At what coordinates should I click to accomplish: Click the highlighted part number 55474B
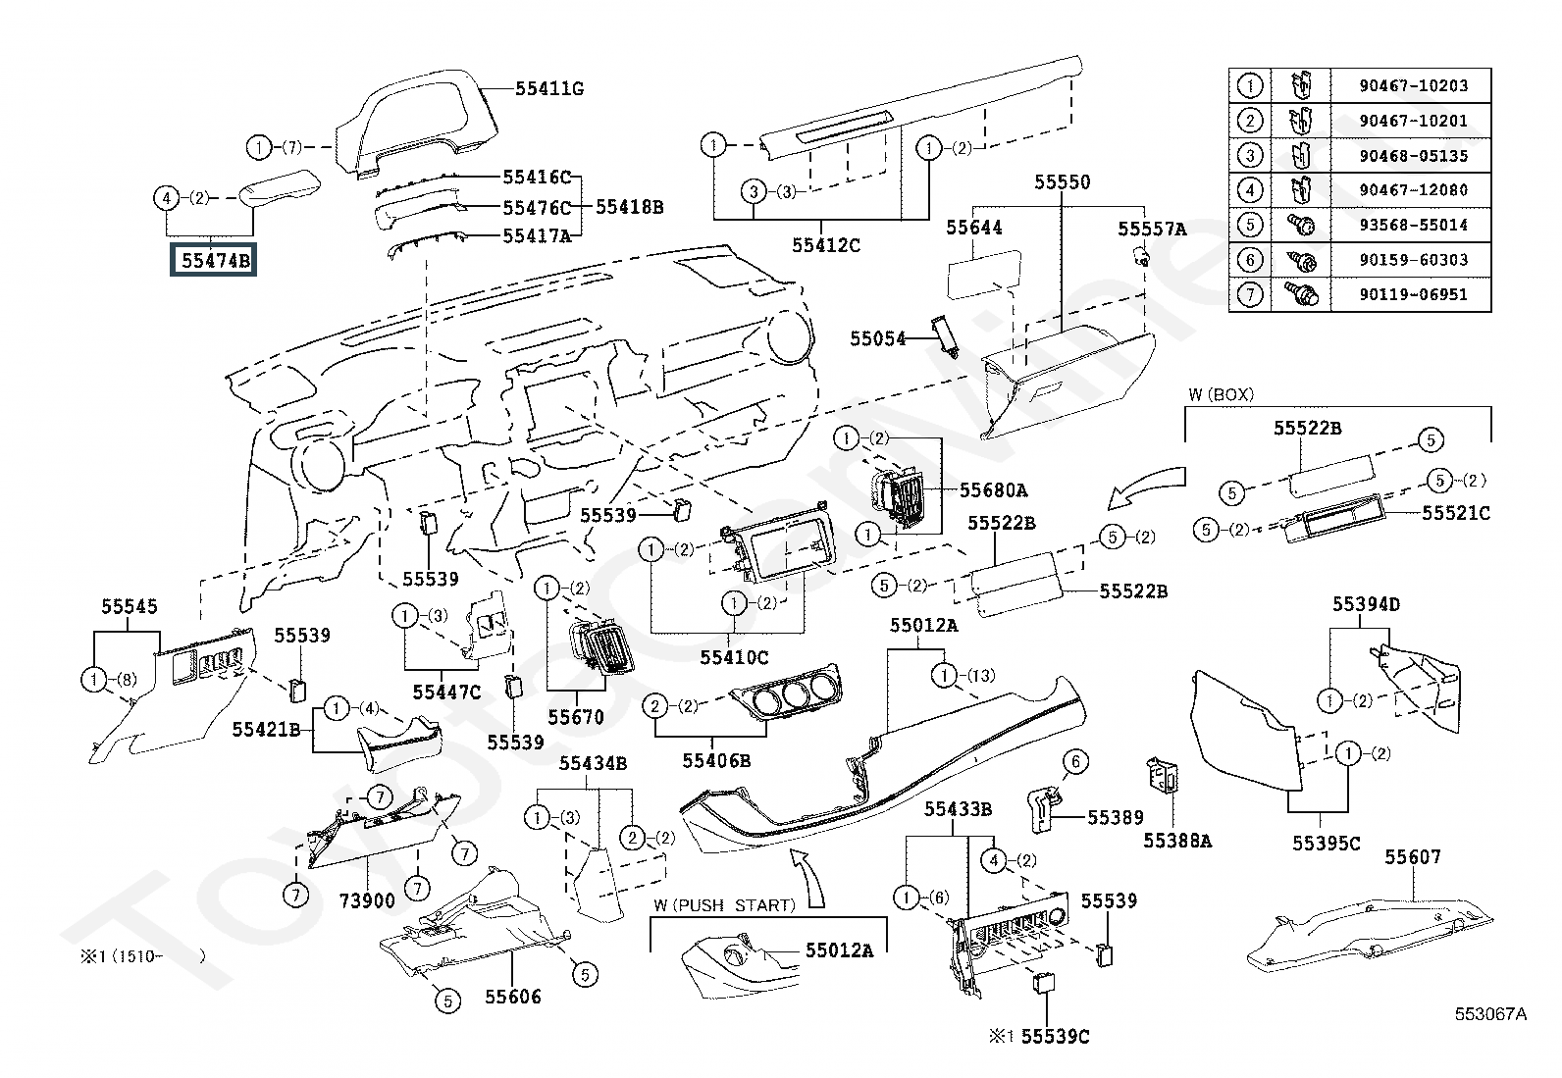pos(213,260)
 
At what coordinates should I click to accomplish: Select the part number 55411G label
pos(549,89)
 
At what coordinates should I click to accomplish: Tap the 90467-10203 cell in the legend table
pos(1413,85)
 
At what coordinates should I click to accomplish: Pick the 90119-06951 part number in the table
pos(1413,294)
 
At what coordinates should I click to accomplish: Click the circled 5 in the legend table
pos(1249,225)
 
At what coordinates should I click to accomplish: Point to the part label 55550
pos(1062,182)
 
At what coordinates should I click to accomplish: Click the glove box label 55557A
pos(1152,229)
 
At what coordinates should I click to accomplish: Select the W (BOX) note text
pos(1221,394)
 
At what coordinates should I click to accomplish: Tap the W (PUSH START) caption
pos(723,905)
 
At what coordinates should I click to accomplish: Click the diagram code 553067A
pos(1490,1014)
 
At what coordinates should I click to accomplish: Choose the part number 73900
pos(368,900)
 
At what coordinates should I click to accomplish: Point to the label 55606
pos(512,997)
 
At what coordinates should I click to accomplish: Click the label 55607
pos(1413,856)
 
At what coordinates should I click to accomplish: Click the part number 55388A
pos(1177,841)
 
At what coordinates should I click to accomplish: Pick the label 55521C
pos(1456,513)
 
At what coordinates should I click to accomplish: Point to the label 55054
pos(878,338)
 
